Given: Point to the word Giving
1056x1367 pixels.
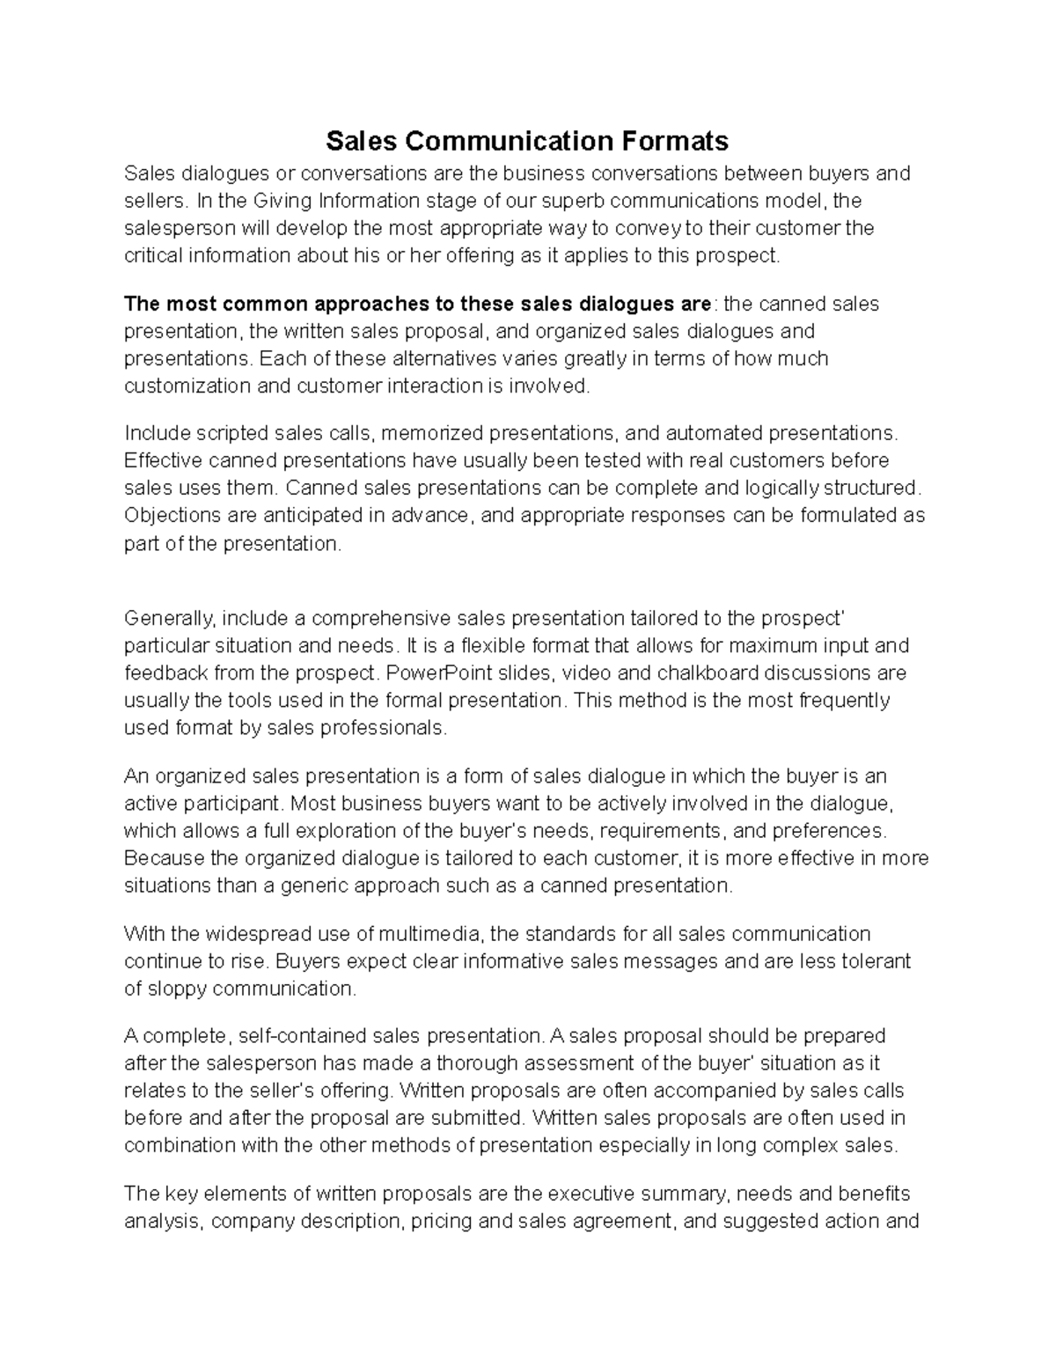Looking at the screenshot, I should pyautogui.click(x=284, y=201).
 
